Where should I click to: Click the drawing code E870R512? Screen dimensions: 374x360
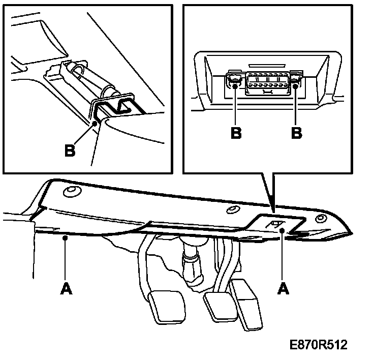click(x=319, y=345)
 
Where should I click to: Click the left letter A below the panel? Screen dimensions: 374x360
click(x=66, y=288)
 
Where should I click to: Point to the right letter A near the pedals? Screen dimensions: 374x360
click(x=283, y=288)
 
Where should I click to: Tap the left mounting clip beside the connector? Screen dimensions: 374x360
click(x=234, y=81)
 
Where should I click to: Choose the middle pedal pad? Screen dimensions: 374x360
click(x=217, y=305)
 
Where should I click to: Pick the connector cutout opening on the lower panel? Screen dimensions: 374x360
click(x=276, y=223)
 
